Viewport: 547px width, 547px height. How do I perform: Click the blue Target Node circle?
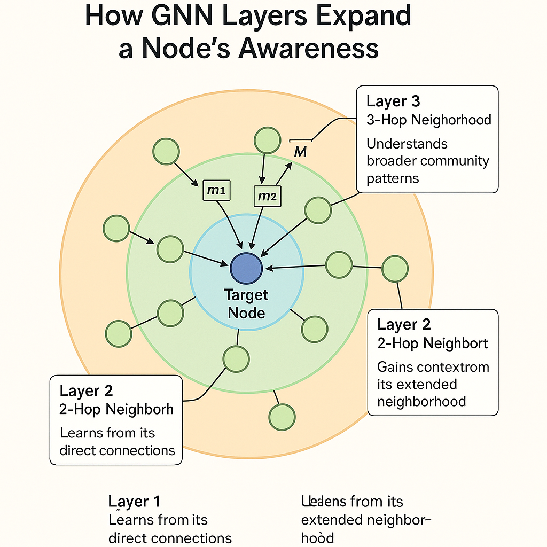246,268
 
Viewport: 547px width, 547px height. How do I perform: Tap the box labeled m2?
267,196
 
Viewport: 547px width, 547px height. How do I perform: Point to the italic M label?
300,152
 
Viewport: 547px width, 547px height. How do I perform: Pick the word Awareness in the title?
309,49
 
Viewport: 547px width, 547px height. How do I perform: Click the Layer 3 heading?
393,101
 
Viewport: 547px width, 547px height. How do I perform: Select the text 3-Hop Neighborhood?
428,119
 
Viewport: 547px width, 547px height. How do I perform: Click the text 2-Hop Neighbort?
432,343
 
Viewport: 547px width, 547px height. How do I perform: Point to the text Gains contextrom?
433,367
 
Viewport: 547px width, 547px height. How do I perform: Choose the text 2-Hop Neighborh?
116,409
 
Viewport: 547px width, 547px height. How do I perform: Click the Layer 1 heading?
134,501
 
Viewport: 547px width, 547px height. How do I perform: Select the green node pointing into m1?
166,151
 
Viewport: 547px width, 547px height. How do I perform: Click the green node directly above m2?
268,140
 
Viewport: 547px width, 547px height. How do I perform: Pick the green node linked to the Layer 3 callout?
318,210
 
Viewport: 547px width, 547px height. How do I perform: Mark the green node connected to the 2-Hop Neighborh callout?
236,359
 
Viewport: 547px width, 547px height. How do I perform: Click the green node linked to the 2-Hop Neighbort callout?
395,268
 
